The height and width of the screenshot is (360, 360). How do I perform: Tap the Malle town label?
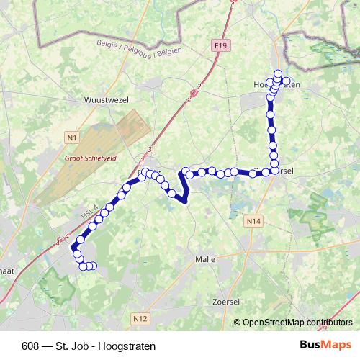point(206,258)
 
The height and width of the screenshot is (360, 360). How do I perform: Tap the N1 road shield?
point(71,137)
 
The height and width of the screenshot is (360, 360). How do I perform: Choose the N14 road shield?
point(252,222)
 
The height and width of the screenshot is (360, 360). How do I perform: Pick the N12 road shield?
point(140,318)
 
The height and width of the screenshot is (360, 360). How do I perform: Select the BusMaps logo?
point(326,345)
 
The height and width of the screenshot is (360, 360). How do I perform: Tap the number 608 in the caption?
point(31,346)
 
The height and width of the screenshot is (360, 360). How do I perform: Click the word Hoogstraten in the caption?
point(130,346)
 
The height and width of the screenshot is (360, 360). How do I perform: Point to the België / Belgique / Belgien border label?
point(138,50)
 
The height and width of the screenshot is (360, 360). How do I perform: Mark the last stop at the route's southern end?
point(93,266)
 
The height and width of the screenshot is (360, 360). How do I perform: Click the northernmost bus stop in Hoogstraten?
point(278,73)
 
